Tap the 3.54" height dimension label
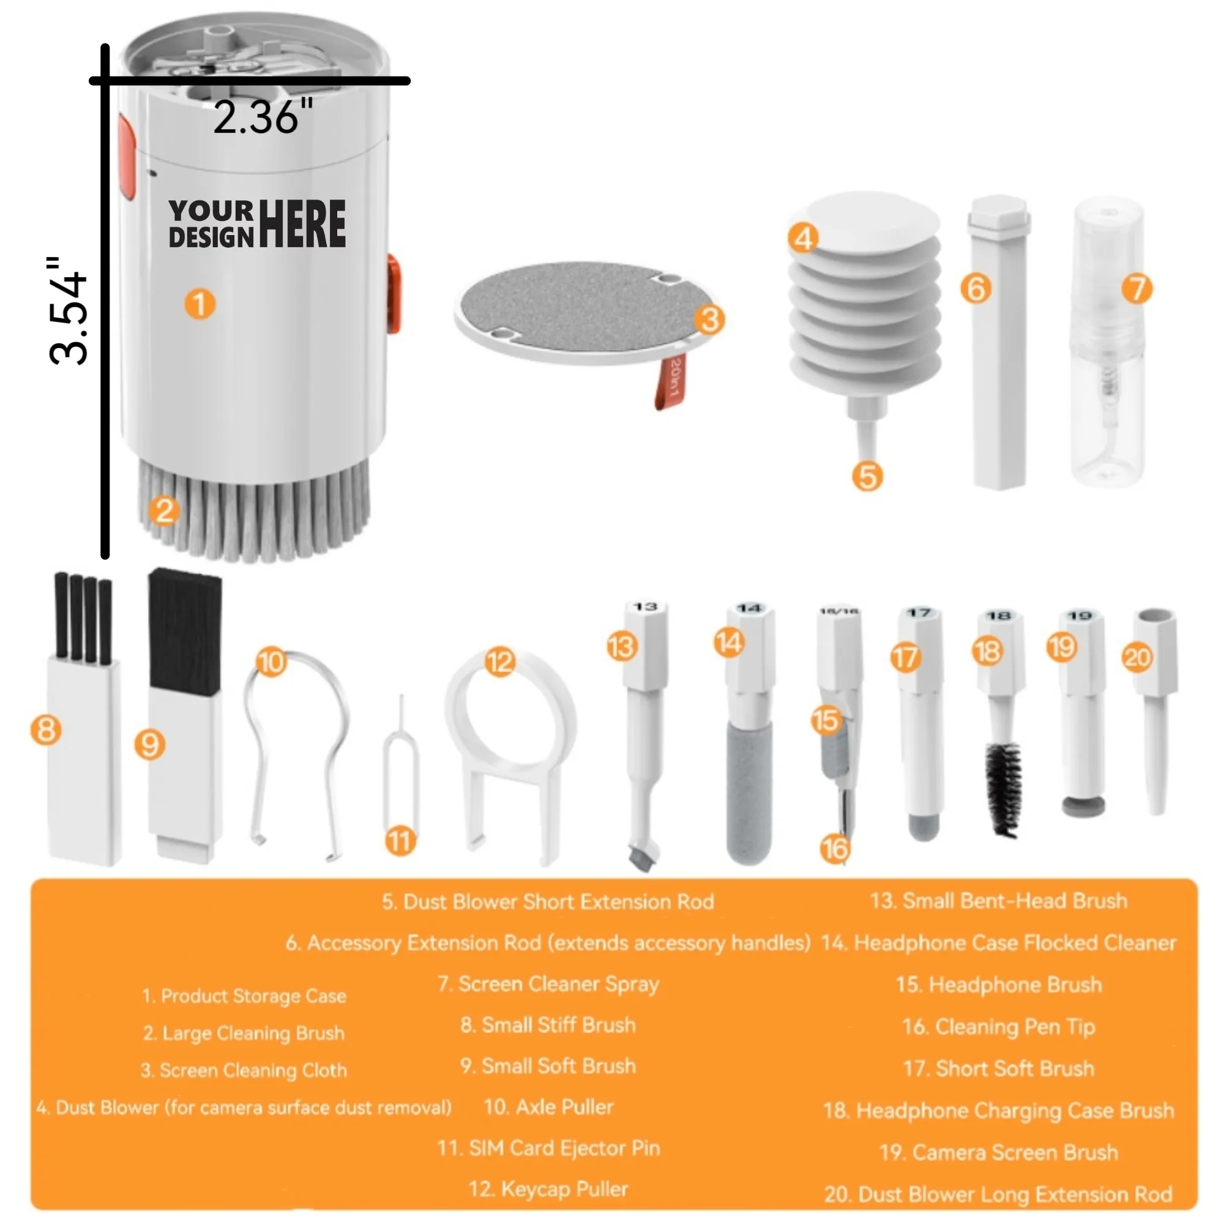(68, 311)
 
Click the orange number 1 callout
(200, 304)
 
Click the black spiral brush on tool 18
(1004, 788)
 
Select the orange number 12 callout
(499, 663)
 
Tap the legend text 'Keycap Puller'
(548, 1189)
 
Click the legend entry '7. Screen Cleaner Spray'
(548, 984)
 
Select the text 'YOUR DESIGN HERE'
(256, 223)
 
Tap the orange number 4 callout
(803, 239)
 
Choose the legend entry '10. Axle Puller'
(548, 1106)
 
